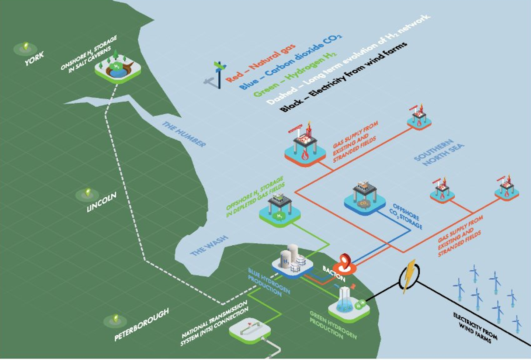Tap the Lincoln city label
coord(101,202)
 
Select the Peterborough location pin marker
coord(115,319)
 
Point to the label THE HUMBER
coord(184,134)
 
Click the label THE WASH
coord(209,245)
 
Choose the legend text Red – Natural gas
coord(260,63)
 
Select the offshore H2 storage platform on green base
coord(280,209)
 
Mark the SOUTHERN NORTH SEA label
coord(439,152)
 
